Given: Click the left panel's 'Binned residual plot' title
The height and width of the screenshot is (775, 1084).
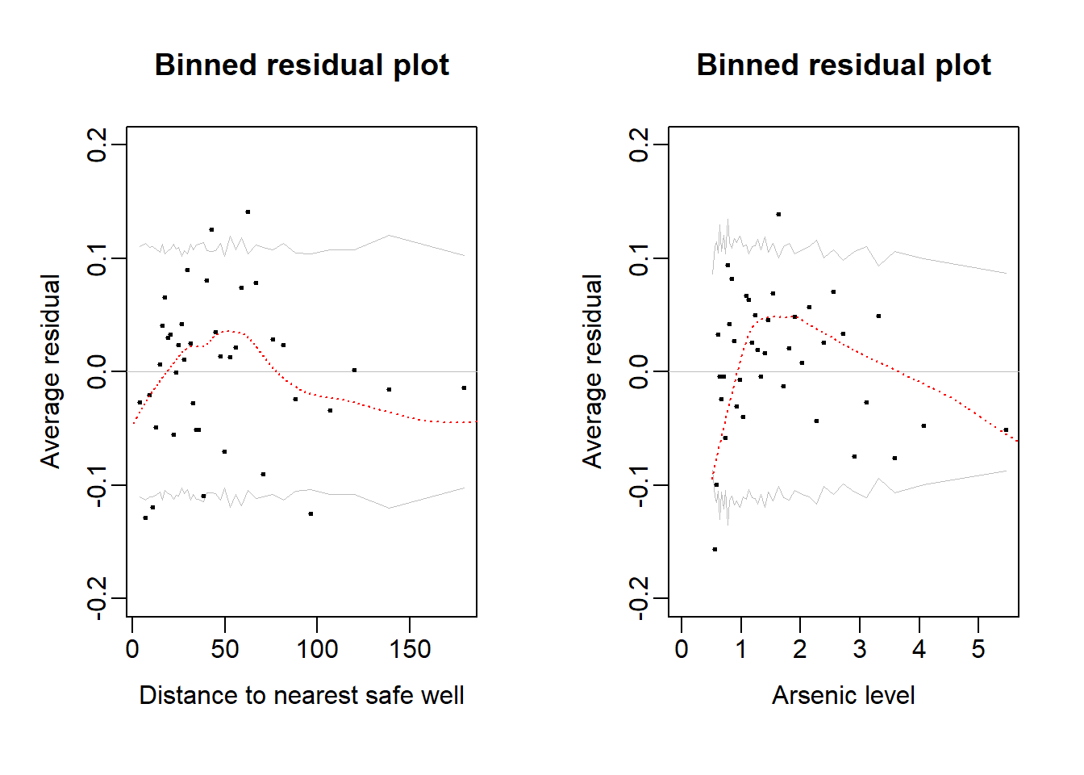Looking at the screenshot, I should pos(302,65).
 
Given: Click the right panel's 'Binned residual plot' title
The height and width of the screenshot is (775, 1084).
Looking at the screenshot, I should pos(844,65).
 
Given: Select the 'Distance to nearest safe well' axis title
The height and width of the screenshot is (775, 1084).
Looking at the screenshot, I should pos(302,695).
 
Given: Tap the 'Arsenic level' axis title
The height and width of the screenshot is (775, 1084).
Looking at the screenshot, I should pos(844,695).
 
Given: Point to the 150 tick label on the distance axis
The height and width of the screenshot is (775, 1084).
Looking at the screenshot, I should pos(410,649).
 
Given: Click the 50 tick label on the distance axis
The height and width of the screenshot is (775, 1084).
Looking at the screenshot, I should pos(225,649).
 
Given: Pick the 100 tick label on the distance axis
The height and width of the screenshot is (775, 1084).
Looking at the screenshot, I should pos(317,649).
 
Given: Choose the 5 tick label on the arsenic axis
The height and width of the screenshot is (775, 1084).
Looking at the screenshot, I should pos(978,649).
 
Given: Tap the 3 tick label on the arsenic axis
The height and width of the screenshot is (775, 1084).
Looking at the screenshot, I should pos(860,649).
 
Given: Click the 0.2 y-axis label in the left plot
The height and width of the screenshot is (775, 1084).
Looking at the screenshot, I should pos(97,145).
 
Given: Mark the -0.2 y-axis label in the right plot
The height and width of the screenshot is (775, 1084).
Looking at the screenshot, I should pos(639,598).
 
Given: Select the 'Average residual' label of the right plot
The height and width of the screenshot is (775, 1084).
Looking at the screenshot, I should pos(593,371).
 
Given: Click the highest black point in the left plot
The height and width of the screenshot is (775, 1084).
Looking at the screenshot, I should pos(248,212).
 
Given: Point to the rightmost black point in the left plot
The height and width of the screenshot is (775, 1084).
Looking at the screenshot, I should pos(464,388).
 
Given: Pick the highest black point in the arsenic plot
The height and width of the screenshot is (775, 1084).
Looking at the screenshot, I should pos(778,215).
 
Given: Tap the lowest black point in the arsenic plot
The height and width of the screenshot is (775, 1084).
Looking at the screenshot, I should pos(715,550).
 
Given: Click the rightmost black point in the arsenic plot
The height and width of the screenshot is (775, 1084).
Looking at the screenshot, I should pos(1006,430).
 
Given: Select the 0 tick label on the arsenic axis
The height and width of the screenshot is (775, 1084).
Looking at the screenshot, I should pos(682,649).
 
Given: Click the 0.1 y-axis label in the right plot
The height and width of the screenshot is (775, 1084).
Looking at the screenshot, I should pos(639,258).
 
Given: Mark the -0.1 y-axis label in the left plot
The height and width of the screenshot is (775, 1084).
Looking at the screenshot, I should pos(97,485).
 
